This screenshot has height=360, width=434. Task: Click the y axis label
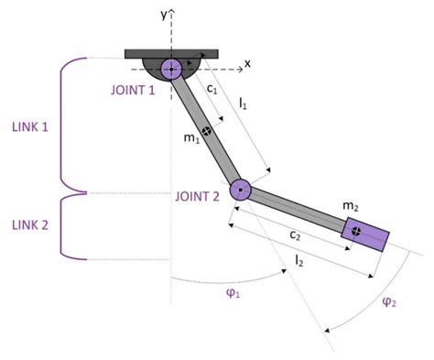pos(163,15)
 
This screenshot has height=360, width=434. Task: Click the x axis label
pos(246,65)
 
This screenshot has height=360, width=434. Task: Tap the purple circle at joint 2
pos(239,191)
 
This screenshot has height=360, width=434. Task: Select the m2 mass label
pos(350,207)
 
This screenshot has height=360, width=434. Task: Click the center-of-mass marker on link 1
pos(208,132)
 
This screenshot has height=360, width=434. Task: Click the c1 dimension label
pos(212,90)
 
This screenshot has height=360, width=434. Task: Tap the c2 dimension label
pos(296,235)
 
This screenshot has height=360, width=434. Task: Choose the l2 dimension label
pos(299,263)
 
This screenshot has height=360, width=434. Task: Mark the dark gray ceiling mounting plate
pos(171,53)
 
